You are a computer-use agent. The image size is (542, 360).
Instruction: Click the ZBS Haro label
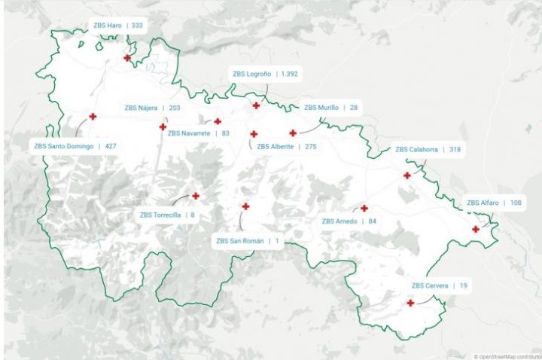click(108, 26)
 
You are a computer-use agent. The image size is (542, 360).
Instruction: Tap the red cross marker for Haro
click(127, 58)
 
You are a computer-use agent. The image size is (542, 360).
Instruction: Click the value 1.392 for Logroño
click(289, 75)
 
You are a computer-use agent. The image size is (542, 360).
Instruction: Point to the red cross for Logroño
click(256, 105)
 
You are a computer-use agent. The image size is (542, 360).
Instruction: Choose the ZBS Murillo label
click(321, 108)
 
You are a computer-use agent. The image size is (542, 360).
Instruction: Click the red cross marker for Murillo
click(293, 133)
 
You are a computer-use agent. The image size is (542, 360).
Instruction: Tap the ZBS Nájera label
click(141, 108)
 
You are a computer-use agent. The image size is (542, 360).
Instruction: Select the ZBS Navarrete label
click(188, 133)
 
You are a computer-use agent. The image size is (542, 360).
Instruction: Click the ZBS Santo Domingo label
click(64, 146)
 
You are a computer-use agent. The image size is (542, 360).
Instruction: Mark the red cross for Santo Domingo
click(93, 117)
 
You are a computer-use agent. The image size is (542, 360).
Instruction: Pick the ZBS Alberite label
click(276, 147)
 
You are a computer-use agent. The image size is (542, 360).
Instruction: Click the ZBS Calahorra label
click(417, 150)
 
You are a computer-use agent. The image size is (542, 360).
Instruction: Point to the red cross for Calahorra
click(407, 175)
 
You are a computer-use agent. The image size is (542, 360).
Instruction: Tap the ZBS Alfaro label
click(483, 203)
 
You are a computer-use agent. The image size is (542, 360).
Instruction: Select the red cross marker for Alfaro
click(476, 230)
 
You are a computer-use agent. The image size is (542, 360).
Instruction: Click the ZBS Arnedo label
click(340, 221)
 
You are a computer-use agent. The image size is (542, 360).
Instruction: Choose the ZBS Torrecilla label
click(160, 215)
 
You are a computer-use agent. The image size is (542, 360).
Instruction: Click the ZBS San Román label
click(240, 241)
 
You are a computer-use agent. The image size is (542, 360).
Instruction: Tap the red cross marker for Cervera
click(410, 304)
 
